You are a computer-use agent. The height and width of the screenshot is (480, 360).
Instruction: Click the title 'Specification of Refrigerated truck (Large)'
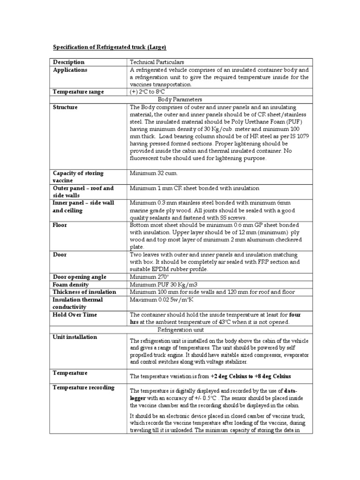click(x=109, y=47)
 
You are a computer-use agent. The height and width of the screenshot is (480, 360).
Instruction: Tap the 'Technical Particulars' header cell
click(x=157, y=62)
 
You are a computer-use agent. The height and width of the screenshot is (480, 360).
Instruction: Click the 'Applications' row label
click(x=70, y=70)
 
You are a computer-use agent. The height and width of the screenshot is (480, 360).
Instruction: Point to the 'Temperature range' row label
click(x=78, y=92)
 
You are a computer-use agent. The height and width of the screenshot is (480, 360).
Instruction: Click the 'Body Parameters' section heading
click(x=180, y=99)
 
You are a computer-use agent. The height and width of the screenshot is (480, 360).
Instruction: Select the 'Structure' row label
click(x=66, y=107)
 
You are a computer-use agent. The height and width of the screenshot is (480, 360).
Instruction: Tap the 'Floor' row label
click(x=60, y=225)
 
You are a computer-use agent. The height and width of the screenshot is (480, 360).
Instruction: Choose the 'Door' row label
click(x=60, y=255)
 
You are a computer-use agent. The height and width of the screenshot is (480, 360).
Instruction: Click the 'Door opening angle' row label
click(x=80, y=277)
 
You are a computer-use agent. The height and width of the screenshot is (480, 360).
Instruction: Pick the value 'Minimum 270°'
click(x=149, y=277)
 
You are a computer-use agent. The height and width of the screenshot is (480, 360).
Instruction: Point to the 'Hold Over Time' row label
click(x=75, y=315)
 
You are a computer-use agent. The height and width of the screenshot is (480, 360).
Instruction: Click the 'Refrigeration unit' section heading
click(x=180, y=330)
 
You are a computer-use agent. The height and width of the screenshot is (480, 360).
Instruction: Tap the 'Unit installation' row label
click(x=75, y=337)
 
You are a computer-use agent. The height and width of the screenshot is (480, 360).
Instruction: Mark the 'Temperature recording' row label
click(x=83, y=388)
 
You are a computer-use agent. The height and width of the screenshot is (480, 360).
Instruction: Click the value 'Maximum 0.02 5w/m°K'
click(x=162, y=300)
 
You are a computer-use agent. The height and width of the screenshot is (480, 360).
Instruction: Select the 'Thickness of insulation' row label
click(x=84, y=292)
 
